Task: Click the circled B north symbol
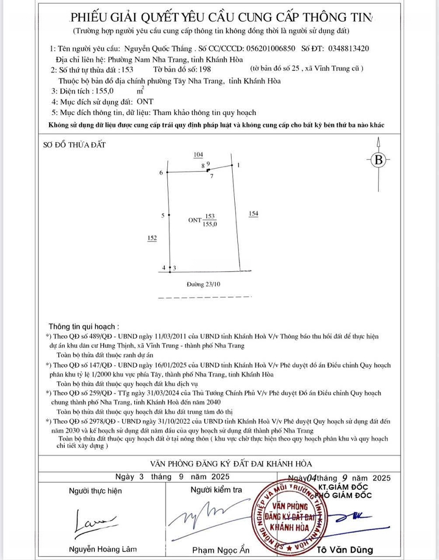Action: (379, 160)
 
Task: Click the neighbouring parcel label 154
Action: (253, 214)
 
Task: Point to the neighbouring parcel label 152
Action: (152, 237)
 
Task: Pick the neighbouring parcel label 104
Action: (198, 155)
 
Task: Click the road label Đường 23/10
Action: (204, 284)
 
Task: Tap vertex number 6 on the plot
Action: (161, 172)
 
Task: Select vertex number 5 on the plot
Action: (163, 215)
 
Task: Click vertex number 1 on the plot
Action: (238, 165)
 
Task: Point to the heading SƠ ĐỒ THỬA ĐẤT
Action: (74, 145)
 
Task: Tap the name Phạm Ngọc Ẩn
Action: (221, 550)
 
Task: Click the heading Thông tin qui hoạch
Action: (83, 327)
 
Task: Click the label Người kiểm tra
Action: (216, 490)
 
